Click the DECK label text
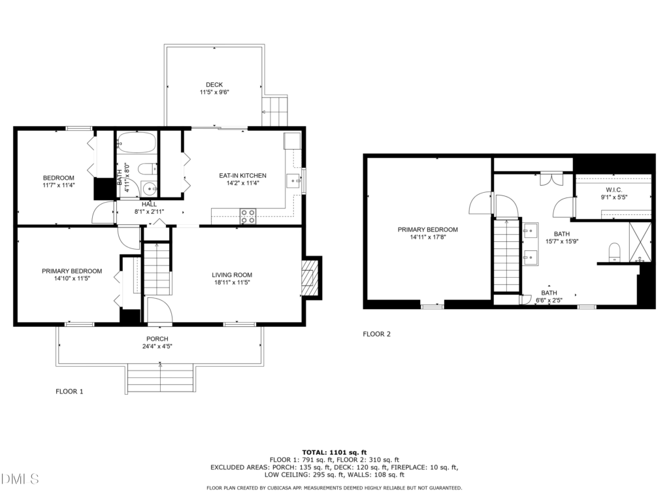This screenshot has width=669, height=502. click(214, 84)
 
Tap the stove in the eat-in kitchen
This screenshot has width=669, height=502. click(248, 216)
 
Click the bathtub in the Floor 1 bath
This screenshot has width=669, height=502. click(137, 142)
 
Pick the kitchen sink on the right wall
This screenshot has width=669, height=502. click(294, 181)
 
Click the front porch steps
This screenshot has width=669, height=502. click(161, 378)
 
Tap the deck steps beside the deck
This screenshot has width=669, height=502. click(275, 111)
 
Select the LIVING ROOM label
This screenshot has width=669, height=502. click(232, 275)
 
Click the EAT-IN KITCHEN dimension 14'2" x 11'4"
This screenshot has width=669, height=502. click(243, 183)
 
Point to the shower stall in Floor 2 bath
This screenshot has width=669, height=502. click(640, 242)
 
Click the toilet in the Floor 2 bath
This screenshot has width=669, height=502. click(614, 252)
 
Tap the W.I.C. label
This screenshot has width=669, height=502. click(614, 190)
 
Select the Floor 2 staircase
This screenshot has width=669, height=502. click(506, 256)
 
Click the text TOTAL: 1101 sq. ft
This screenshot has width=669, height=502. click(334, 452)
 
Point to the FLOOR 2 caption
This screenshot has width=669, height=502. click(377, 334)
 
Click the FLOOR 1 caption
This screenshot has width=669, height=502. click(69, 392)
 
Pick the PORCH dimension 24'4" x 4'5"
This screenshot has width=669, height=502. click(157, 346)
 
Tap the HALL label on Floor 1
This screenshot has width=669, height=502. click(150, 204)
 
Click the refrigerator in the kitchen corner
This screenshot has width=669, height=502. click(292, 141)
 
